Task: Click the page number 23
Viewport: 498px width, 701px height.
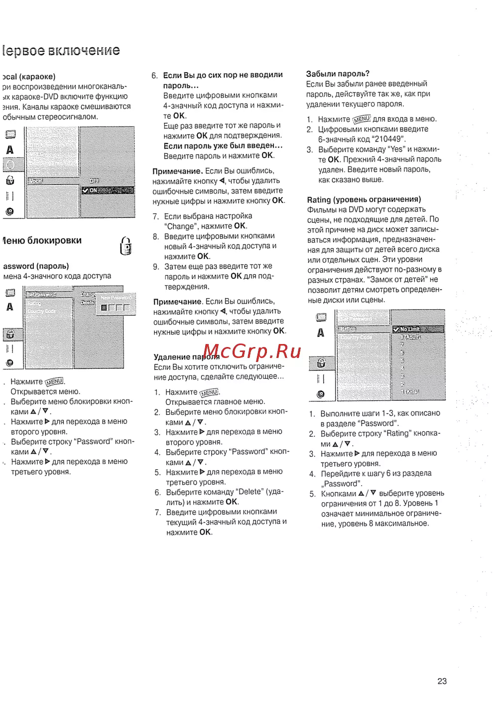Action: click(442, 681)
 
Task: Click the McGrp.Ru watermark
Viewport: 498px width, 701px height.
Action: click(252, 351)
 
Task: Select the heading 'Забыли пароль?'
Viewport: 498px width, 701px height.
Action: click(338, 74)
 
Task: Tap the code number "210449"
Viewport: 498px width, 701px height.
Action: click(388, 139)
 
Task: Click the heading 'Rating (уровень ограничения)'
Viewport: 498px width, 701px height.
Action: click(364, 199)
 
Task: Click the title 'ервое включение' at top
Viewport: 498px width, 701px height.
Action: click(61, 51)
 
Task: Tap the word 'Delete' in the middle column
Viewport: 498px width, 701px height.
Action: click(250, 492)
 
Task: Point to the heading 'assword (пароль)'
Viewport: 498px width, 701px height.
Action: click(36, 266)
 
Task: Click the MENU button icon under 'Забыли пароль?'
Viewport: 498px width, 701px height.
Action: click(362, 119)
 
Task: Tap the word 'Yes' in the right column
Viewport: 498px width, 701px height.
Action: click(397, 149)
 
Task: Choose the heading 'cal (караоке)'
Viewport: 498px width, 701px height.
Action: click(29, 77)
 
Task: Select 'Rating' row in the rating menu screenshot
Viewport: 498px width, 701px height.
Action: click(349, 329)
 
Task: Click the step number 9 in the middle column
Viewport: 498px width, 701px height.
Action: click(156, 267)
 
